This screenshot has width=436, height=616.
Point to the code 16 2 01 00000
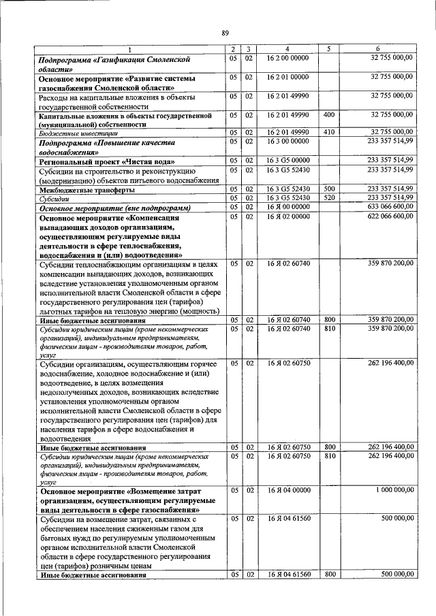[287, 78]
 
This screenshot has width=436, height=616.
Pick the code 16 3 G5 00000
[287, 160]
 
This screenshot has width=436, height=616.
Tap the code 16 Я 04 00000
[287, 490]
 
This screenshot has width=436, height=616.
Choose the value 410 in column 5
[329, 132]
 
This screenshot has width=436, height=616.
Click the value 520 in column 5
[329, 197]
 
